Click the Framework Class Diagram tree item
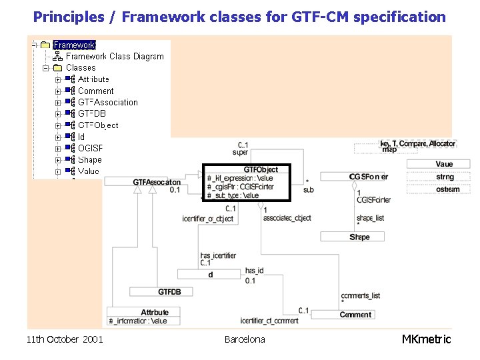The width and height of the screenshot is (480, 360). tap(114, 56)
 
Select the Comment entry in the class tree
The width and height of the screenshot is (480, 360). tap(95, 91)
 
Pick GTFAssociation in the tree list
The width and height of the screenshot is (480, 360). tap(107, 102)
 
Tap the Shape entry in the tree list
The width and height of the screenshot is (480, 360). tap(89, 159)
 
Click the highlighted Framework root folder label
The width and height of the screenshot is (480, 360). tap(74, 45)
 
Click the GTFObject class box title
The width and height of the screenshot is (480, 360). tap(261, 169)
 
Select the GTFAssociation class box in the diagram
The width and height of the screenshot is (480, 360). tap(157, 182)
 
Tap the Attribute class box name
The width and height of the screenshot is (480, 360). tap(155, 311)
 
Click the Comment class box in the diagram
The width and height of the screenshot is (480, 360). tap(355, 314)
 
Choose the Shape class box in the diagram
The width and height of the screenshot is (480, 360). tap(359, 237)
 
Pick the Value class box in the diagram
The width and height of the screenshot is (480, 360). tap(444, 164)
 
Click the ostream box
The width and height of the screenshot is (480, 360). tap(447, 189)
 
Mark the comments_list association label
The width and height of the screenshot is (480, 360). tap(360, 295)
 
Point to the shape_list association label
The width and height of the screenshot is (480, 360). tap(370, 218)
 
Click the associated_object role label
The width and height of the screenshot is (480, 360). tap(287, 218)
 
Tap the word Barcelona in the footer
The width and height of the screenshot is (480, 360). tap(244, 339)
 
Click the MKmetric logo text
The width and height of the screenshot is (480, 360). tap(426, 339)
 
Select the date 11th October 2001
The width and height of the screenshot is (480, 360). tap(65, 339)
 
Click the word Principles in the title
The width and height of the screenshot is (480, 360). tap(64, 17)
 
